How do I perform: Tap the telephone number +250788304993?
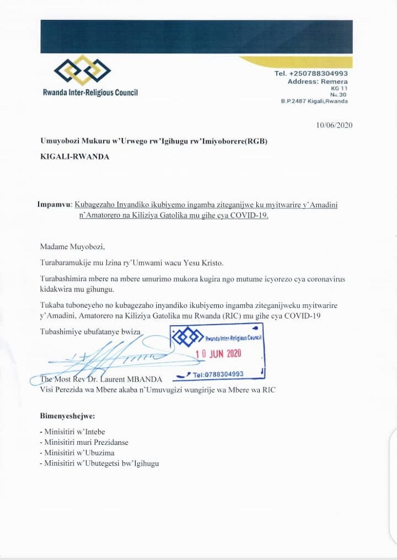coord(311,74)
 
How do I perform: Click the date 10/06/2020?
coord(335,125)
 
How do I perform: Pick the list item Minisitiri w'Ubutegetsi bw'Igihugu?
coord(99,463)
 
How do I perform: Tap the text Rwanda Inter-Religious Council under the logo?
coord(90,92)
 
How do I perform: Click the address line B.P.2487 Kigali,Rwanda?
coord(314,101)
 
